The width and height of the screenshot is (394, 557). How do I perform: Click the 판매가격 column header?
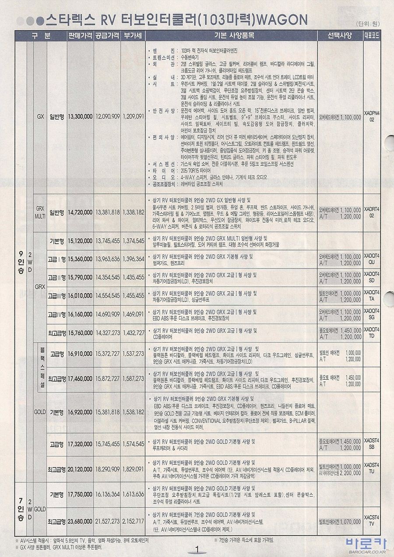coord(80,35)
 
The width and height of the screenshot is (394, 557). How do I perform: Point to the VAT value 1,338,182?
coord(133,212)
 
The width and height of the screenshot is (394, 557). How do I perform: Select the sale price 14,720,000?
coord(80,212)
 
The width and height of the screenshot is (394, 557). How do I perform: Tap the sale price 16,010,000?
coord(80,296)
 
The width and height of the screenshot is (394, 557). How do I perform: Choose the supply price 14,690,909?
coord(107,314)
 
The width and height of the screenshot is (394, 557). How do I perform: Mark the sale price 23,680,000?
coord(80,522)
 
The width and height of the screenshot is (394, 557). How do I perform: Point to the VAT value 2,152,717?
coord(133,522)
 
